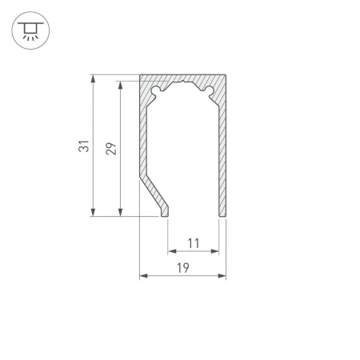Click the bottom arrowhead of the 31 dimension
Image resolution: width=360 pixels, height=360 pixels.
point(94,212)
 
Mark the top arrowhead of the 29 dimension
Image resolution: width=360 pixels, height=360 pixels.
point(120,83)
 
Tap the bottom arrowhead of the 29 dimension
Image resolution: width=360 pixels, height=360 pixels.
point(120,212)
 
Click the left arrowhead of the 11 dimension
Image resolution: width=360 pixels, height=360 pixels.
point(171,251)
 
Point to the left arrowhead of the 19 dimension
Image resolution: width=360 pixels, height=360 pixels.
point(144,277)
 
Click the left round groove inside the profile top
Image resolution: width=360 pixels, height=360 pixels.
point(155,91)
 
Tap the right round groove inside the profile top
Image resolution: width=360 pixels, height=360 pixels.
point(211,91)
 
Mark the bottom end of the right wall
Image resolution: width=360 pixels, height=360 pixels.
point(222,214)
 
